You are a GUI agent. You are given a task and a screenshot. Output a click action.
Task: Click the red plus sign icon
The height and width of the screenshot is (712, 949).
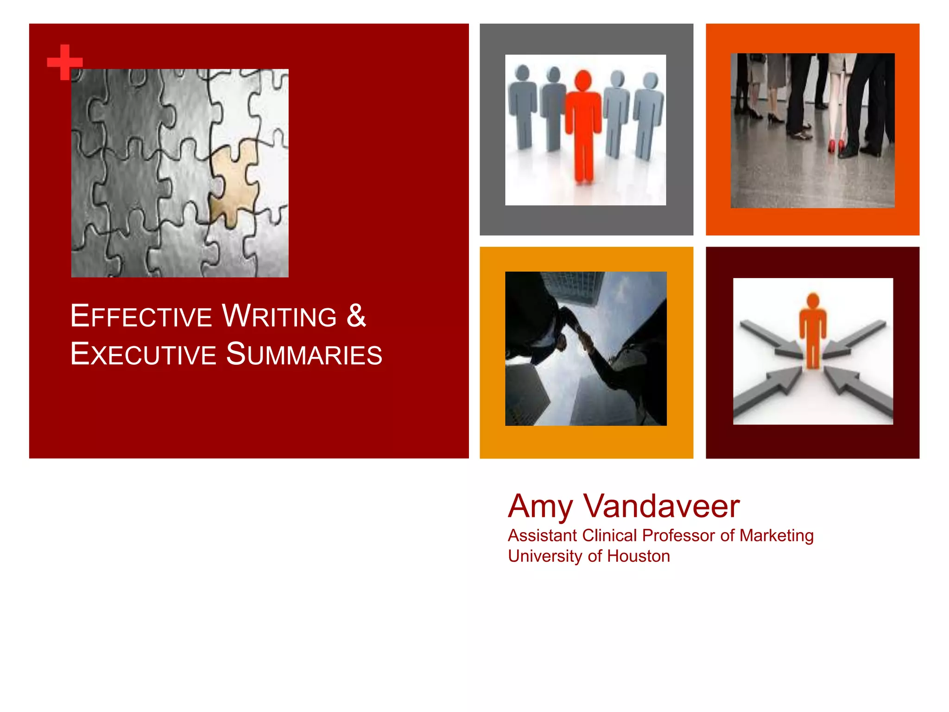click(x=65, y=62)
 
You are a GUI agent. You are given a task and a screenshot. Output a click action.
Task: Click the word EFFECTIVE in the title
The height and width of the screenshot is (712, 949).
click(x=141, y=316)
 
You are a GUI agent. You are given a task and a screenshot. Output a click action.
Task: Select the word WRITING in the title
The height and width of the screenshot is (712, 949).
click(x=279, y=316)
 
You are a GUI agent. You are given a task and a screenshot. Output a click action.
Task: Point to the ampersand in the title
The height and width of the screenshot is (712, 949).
click(x=356, y=316)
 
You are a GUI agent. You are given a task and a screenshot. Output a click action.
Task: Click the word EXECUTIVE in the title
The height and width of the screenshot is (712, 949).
click(x=143, y=354)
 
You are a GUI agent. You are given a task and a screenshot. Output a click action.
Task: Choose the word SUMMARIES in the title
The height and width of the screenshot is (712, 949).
click(x=304, y=354)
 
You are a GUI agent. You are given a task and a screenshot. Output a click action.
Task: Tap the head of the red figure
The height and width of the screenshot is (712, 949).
click(x=583, y=80)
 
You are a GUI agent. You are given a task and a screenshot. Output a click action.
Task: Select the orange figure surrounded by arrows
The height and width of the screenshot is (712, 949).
click(x=813, y=330)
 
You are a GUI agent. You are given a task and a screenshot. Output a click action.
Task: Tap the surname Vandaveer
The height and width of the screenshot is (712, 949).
click(x=661, y=506)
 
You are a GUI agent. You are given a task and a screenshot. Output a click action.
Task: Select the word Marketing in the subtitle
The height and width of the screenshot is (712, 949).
click(x=777, y=536)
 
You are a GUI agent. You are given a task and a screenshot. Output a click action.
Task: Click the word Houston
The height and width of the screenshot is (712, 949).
click(x=639, y=556)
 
